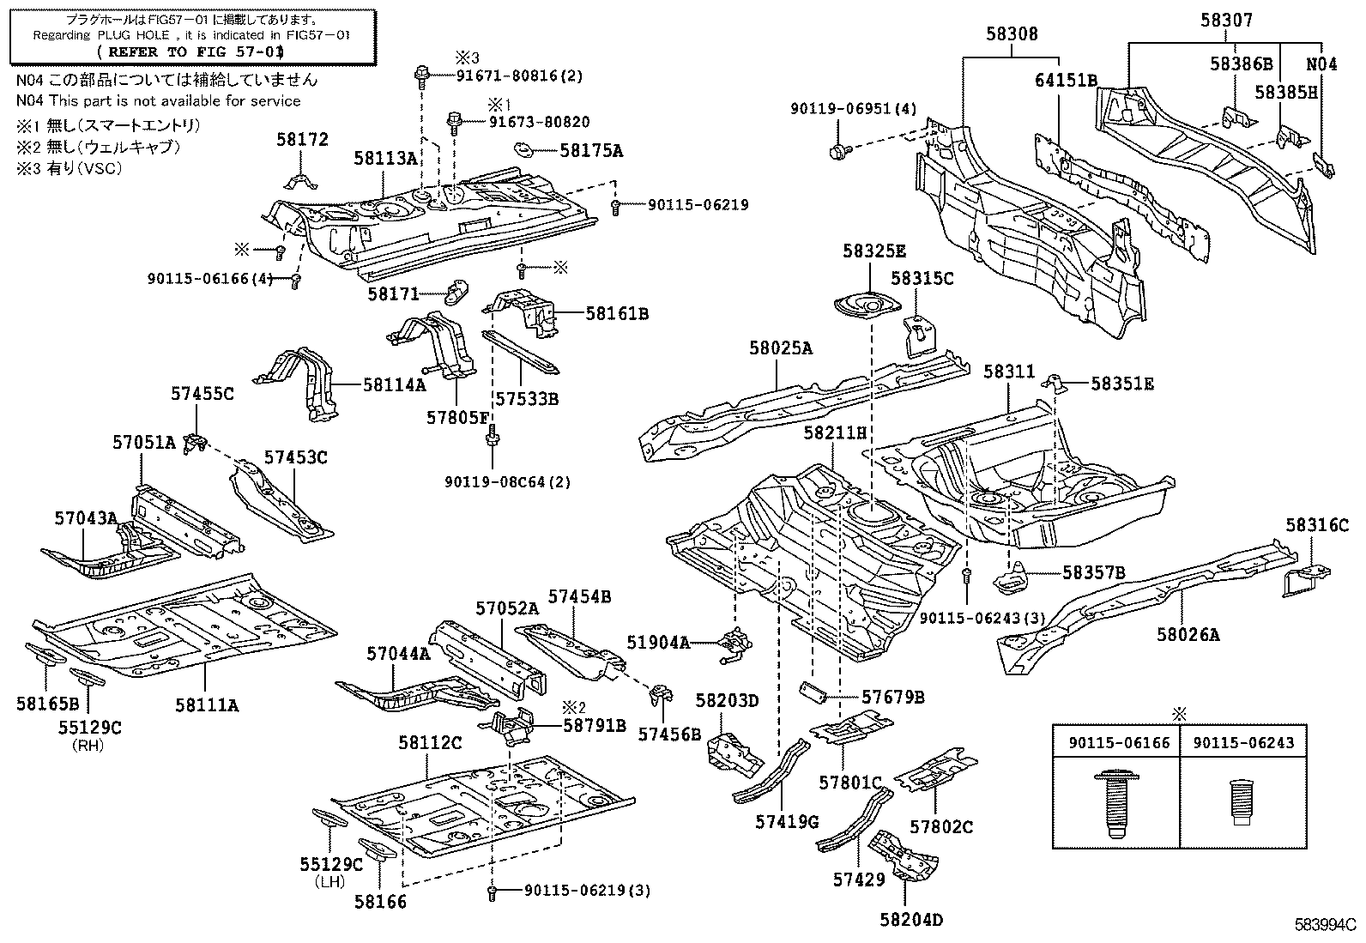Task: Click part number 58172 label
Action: (302, 140)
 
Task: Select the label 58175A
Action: (591, 150)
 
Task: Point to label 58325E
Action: (873, 251)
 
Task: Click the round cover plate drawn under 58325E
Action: (868, 306)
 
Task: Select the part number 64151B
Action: (1065, 81)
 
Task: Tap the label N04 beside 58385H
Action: (1321, 63)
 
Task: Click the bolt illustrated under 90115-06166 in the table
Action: (1114, 804)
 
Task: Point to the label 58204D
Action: (910, 920)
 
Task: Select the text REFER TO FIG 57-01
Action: (193, 52)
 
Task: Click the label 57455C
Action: (202, 394)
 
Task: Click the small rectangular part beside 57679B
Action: (813, 691)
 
